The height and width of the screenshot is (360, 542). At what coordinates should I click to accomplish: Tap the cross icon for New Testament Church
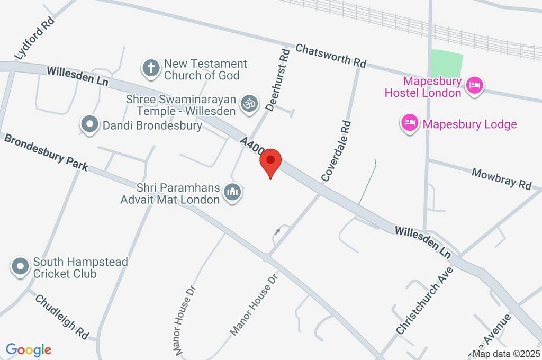tap(151, 68)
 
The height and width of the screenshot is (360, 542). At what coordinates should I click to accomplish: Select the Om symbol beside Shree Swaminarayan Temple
tap(249, 104)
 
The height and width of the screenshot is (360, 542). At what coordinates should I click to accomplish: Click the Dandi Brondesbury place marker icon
tap(89, 125)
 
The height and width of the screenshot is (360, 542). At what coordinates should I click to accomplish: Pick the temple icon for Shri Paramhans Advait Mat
tap(232, 192)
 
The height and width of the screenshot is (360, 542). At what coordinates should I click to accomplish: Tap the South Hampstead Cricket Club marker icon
tap(21, 267)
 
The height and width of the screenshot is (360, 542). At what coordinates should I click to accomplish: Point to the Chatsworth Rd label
tap(331, 55)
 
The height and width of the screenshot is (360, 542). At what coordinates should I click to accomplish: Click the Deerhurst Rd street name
tap(278, 79)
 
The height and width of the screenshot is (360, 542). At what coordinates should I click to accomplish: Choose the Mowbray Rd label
tap(501, 178)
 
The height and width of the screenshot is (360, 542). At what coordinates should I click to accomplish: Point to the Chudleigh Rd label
tap(62, 317)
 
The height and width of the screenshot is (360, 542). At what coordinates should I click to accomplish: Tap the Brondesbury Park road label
tap(46, 152)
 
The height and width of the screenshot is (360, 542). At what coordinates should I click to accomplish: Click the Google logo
tap(29, 350)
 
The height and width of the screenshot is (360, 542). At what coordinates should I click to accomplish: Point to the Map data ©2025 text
tap(507, 354)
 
